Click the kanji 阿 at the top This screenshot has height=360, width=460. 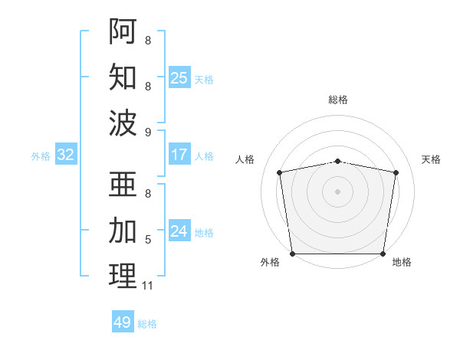pos(123,31)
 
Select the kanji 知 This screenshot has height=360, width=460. pos(123,76)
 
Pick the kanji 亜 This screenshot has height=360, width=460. pos(123,185)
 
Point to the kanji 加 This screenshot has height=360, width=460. pos(123,229)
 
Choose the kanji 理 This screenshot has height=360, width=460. pos(123,275)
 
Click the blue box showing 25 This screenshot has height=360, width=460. pos(179,77)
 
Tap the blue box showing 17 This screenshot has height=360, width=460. pos(179,155)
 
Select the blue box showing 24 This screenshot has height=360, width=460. pos(179,232)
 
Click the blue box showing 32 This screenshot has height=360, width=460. pos(66,155)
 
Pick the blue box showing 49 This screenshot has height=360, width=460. pos(123,322)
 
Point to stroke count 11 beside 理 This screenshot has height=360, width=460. pos(147,286)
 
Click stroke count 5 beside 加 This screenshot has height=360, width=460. pos(147,240)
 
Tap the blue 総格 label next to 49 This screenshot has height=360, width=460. pos(148,324)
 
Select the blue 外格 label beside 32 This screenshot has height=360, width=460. pos(41,156)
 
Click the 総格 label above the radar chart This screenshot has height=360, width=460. pos(337,100)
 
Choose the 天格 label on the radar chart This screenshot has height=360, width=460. pos(431,159)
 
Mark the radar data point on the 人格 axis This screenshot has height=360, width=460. pos(280,172)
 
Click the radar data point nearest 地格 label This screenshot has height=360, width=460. pos(383,254)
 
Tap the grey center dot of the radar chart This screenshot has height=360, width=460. pos(337,191)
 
